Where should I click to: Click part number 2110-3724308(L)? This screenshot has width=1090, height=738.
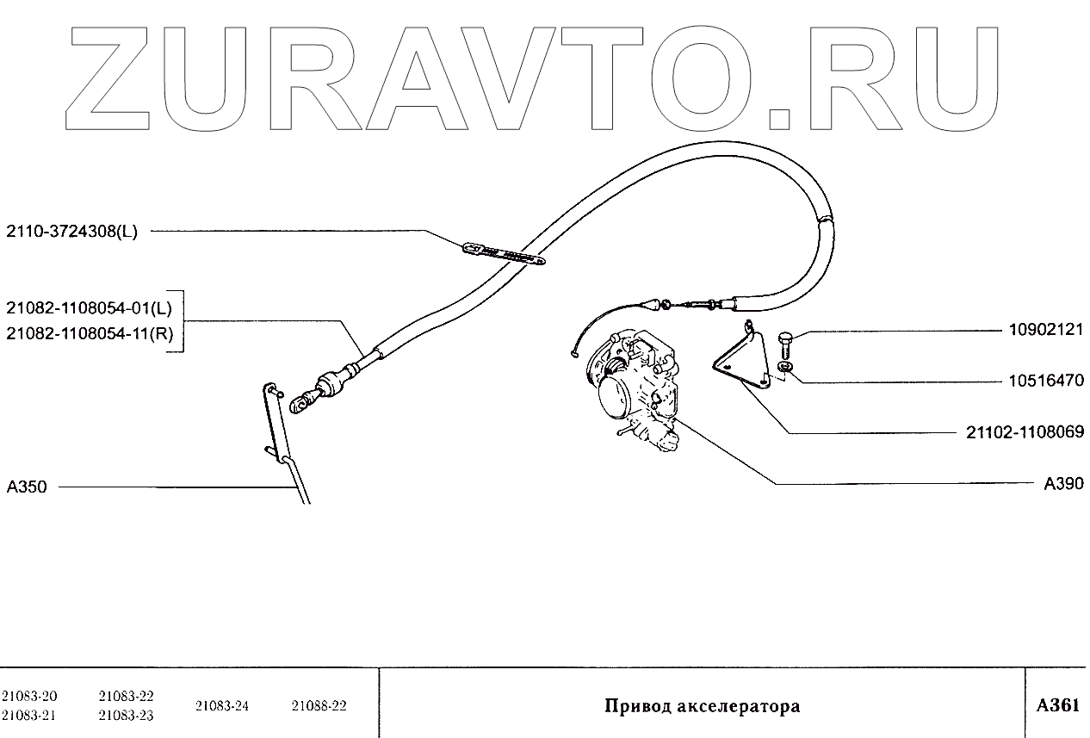point(71,231)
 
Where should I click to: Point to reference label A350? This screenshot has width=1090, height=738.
point(27,487)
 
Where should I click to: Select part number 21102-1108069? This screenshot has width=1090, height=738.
point(1025,432)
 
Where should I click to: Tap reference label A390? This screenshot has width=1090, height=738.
point(1063,484)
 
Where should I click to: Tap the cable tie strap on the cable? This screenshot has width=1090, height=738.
point(504,253)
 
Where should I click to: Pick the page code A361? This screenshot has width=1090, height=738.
point(1057,705)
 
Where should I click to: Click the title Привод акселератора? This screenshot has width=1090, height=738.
point(702,707)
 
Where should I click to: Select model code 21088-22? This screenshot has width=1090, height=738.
point(319,706)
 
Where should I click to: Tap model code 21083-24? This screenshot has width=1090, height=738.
point(222,706)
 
